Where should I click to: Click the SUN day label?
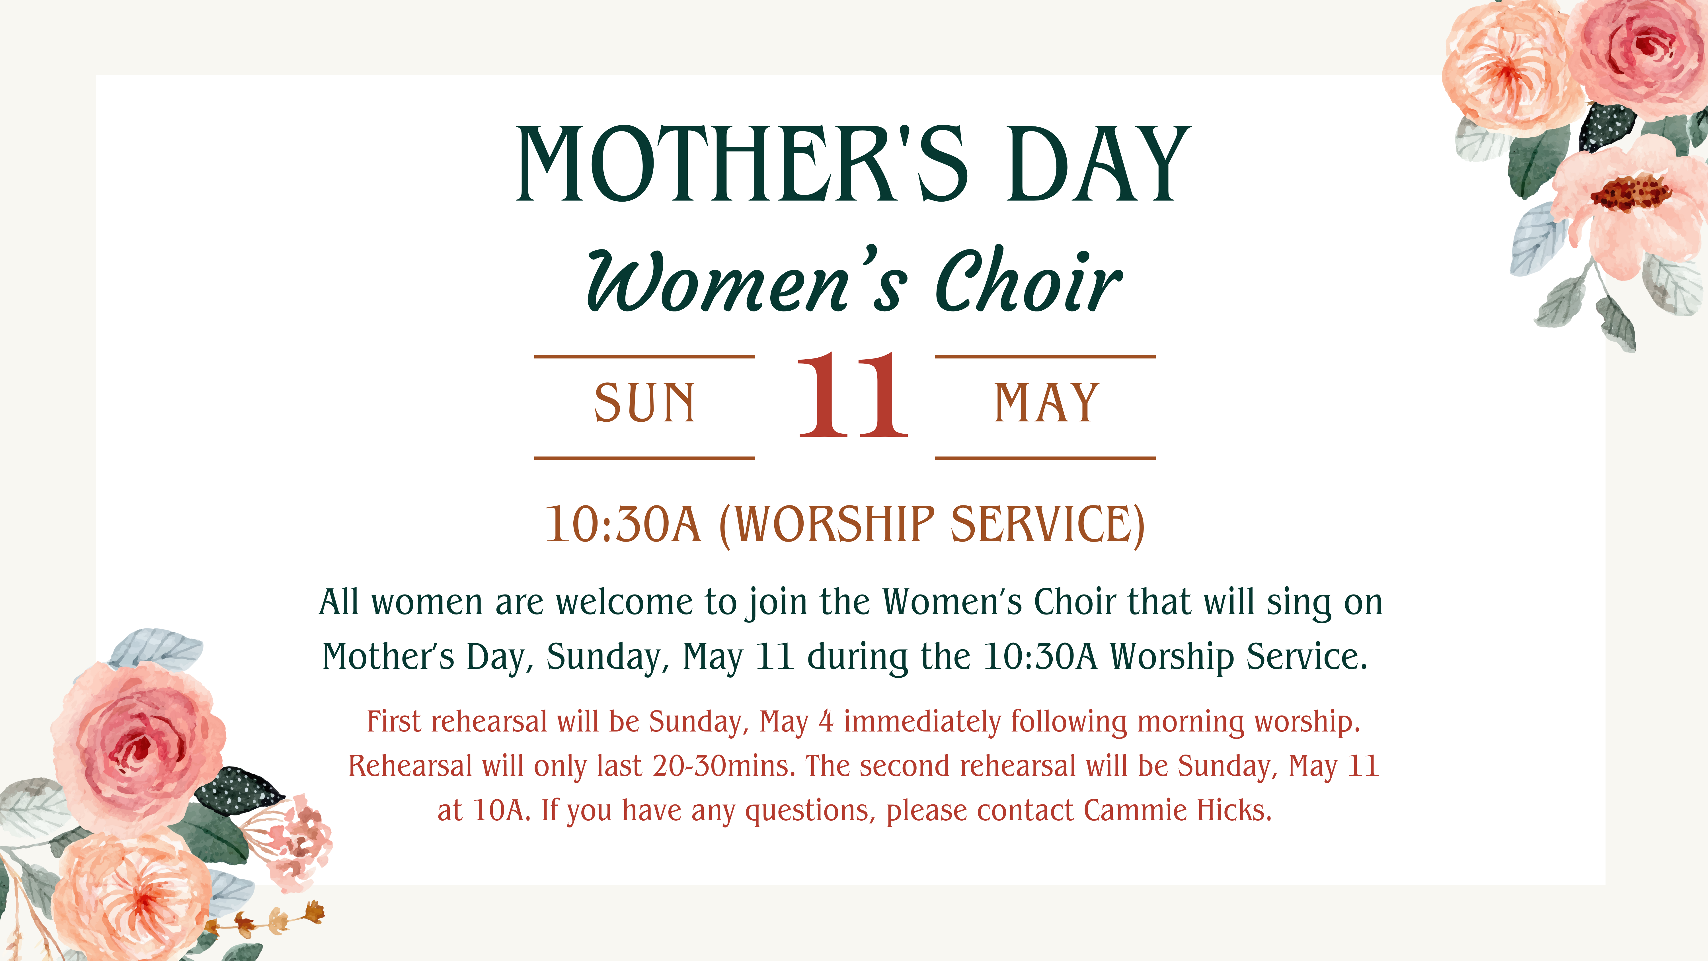644,403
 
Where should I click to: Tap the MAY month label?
1046,403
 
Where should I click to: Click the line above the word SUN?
644,357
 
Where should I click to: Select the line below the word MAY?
1046,458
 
